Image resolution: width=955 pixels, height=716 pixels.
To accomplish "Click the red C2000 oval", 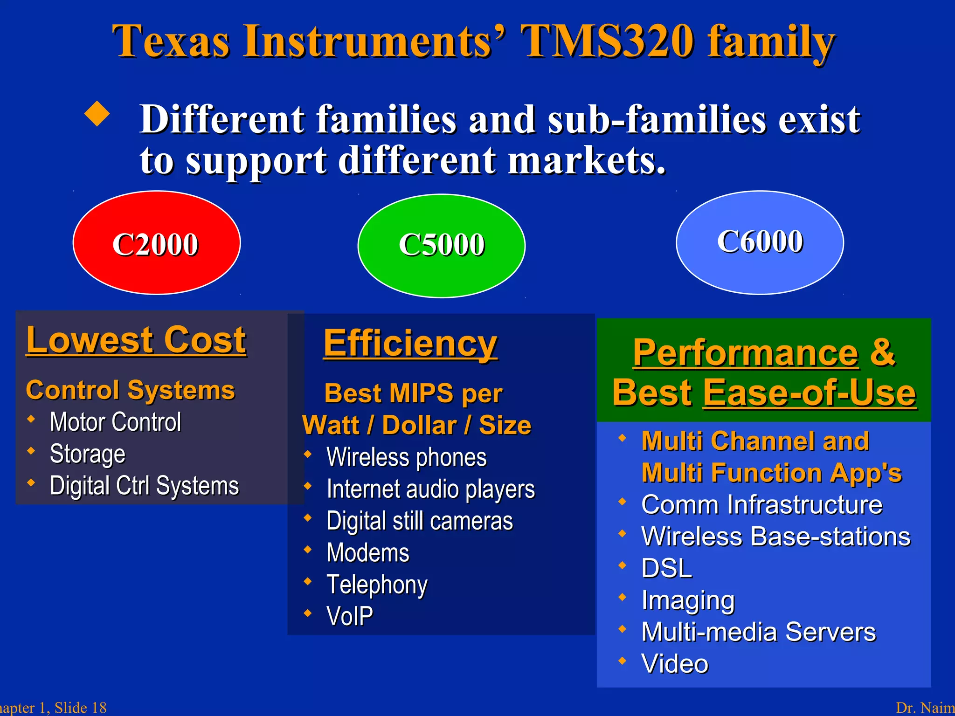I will [x=157, y=243].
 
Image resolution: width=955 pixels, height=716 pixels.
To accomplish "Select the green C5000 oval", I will [x=441, y=245].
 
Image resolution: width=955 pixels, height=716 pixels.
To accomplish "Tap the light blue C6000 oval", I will [x=760, y=242].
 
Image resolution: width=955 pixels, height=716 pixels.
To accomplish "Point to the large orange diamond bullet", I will [x=97, y=114].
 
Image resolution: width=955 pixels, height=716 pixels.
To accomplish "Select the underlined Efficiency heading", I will [x=410, y=344].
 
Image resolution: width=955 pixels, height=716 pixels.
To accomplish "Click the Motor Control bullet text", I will [x=115, y=422].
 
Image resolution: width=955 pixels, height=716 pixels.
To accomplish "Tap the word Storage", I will [x=87, y=454].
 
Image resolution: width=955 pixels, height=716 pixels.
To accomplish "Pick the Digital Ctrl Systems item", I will [x=144, y=486].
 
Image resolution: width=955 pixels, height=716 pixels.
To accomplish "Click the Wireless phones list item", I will [x=406, y=457].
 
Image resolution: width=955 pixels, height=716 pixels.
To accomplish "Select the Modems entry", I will [x=367, y=553].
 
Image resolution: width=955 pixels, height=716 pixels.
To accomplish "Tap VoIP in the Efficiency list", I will [x=350, y=616].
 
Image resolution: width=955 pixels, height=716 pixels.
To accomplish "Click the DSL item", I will [x=666, y=568].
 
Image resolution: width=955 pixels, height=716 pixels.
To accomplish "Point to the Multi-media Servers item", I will [x=758, y=632].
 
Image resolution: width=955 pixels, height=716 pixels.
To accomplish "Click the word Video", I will [x=674, y=664].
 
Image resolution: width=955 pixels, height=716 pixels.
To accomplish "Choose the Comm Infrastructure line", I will [x=761, y=505].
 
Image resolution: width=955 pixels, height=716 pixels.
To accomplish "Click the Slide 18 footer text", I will [x=80, y=708].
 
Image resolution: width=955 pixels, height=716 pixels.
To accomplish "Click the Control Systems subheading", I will [x=130, y=390].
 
